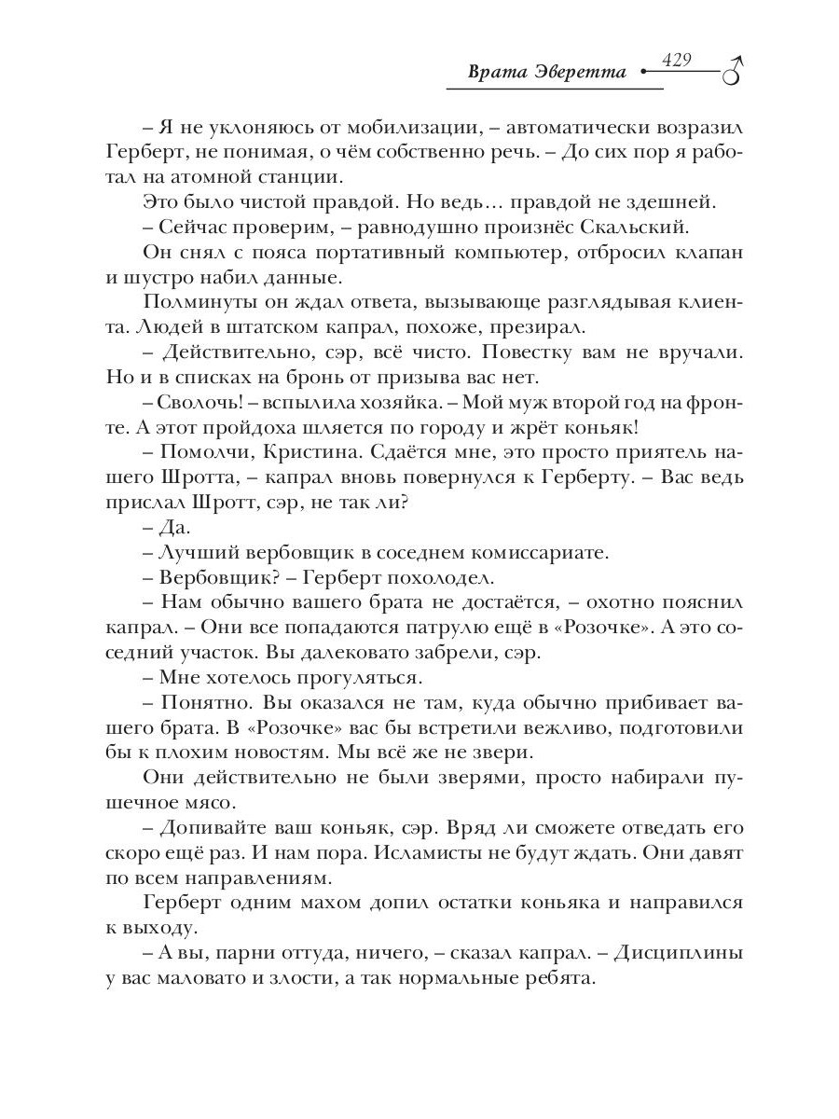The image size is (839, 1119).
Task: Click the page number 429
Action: tap(676, 60)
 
